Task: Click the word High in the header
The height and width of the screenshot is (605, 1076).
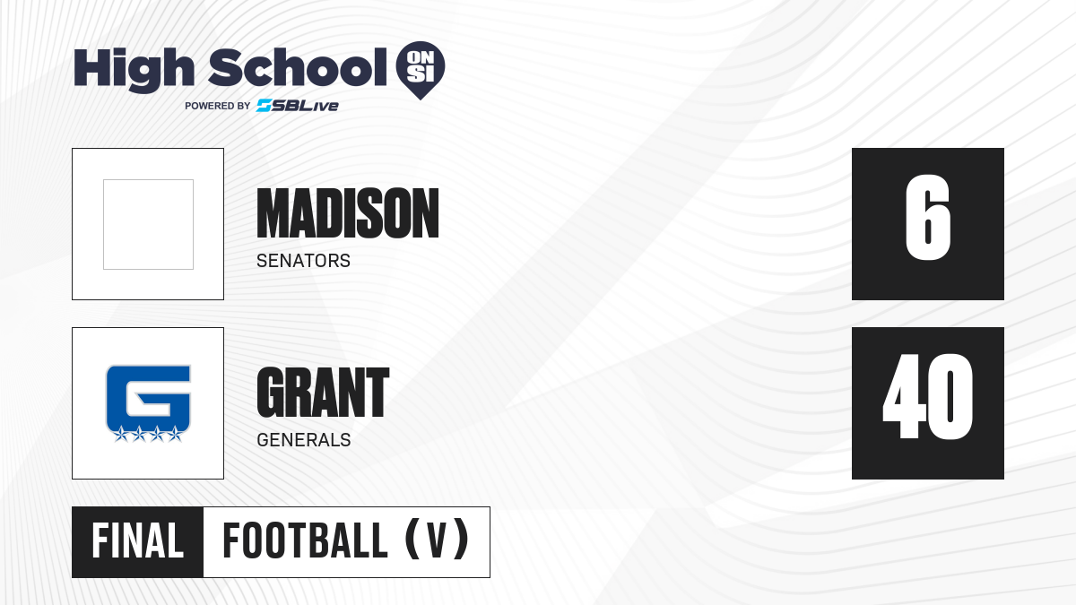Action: click(134, 69)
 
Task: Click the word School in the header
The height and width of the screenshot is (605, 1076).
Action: click(298, 67)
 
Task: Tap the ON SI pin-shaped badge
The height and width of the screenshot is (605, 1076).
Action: click(421, 70)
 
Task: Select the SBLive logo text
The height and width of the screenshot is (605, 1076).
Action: click(298, 106)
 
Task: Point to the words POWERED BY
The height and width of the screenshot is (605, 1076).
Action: click(218, 106)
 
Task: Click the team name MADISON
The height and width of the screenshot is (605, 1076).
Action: click(348, 213)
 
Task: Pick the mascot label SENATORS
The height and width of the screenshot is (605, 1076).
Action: click(304, 261)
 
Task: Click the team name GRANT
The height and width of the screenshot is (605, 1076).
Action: click(323, 393)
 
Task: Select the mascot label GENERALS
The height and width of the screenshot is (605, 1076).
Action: click(304, 440)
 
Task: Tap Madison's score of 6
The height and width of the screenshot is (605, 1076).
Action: click(927, 218)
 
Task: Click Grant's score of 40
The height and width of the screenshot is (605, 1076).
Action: click(927, 396)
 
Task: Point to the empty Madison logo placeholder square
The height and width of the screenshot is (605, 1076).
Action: click(149, 224)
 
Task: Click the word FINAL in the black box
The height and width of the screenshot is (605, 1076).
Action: click(138, 541)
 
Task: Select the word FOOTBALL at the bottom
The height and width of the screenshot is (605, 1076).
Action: click(305, 541)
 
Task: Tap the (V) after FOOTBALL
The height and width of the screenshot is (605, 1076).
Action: click(437, 540)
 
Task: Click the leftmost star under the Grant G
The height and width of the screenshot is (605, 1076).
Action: click(120, 434)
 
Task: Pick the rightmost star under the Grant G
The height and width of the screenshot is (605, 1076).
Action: click(175, 434)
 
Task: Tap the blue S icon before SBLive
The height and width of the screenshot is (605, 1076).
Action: click(265, 106)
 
